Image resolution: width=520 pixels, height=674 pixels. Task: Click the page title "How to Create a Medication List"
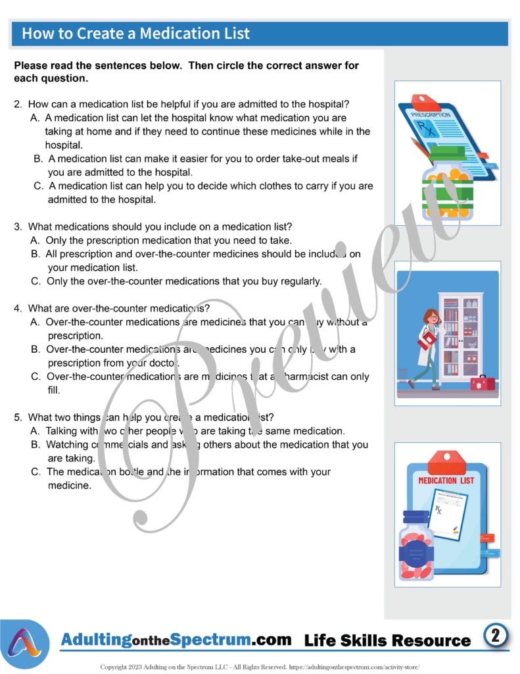pyautogui.click(x=136, y=34)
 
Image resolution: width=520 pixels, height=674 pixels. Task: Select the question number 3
pyautogui.click(x=18, y=226)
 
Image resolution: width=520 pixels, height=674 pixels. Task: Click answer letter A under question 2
pyautogui.click(x=35, y=118)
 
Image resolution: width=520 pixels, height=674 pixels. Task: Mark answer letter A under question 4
pyautogui.click(x=35, y=323)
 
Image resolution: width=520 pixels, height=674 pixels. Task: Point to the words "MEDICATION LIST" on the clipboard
pyautogui.click(x=446, y=480)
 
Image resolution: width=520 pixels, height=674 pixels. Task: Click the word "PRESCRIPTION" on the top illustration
pyautogui.click(x=431, y=115)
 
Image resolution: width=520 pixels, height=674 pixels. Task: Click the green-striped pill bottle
pyautogui.click(x=447, y=186)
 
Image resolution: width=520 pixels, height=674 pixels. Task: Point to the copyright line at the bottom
pyautogui.click(x=259, y=666)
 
